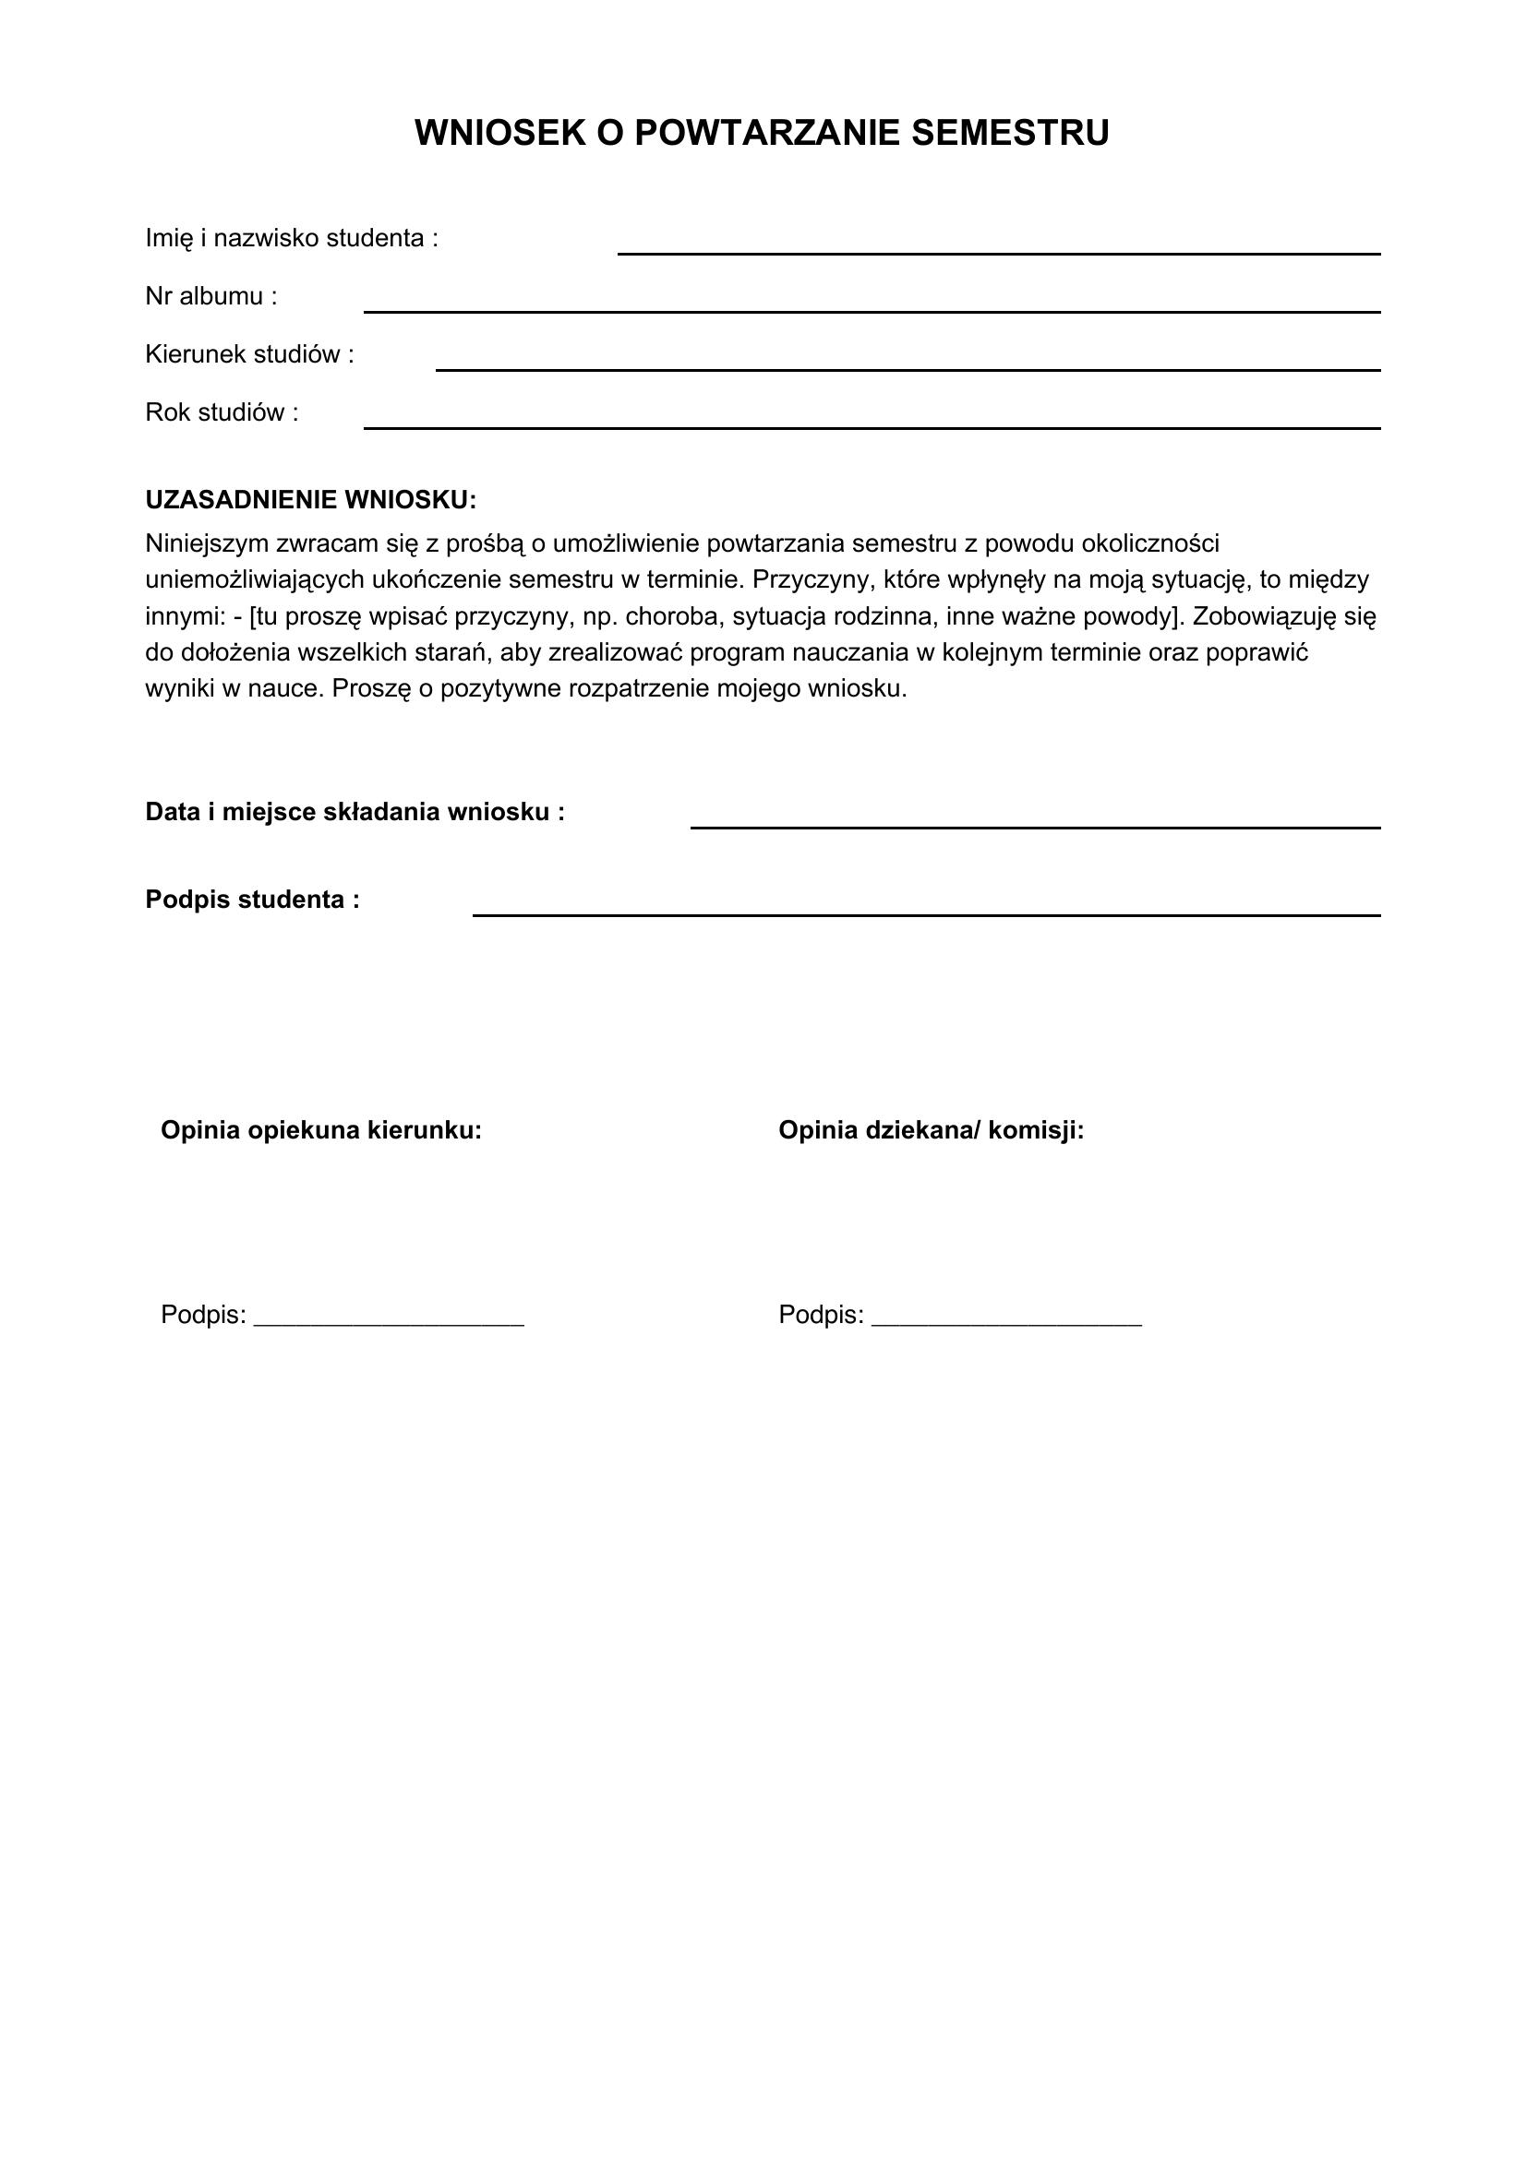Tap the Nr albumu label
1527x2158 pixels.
tap(211, 297)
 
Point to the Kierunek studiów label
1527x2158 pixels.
tap(249, 355)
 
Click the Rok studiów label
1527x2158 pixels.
tap(222, 412)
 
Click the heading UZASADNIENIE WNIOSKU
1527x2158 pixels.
tap(310, 500)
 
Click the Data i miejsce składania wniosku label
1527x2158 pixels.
tap(355, 812)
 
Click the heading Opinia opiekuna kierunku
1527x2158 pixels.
tap(320, 1130)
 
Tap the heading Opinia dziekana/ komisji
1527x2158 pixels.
tap(931, 1130)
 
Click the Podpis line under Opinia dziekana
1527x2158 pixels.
tap(1006, 1321)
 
